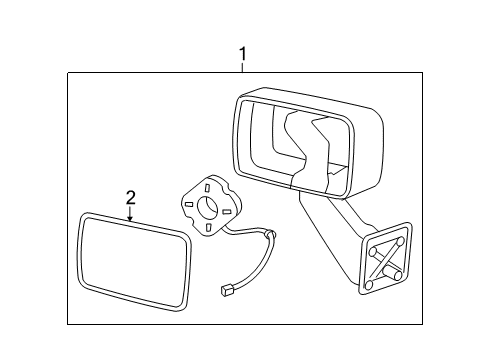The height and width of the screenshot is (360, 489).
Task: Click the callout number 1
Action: (242, 55)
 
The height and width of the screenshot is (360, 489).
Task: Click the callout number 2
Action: (130, 197)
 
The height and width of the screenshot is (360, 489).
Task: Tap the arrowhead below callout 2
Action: (130, 219)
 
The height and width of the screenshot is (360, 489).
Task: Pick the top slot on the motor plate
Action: (205, 186)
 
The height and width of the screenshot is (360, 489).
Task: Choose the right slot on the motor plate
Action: (227, 211)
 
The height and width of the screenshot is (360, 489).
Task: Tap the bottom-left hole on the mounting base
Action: (369, 285)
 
